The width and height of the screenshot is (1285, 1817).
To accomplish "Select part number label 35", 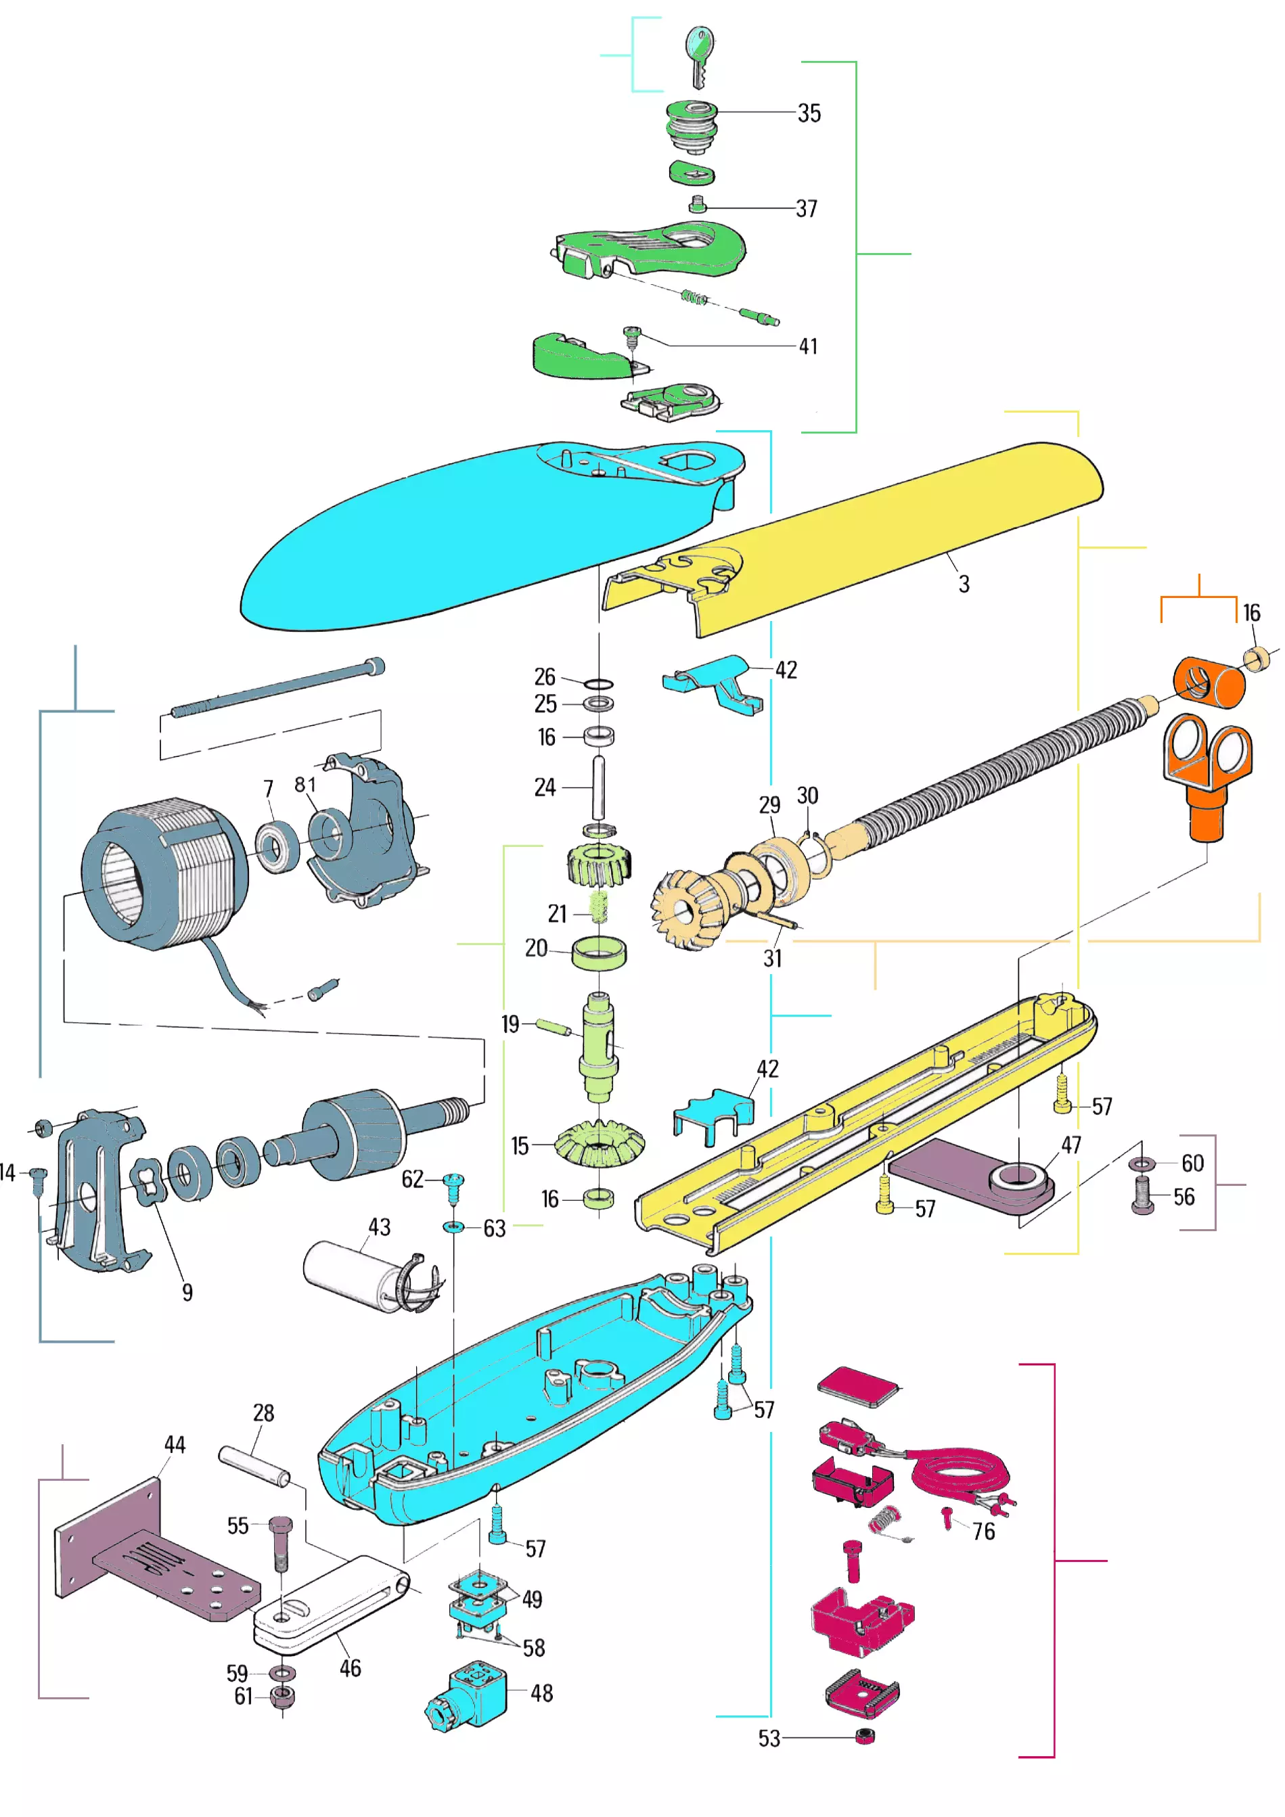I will click(809, 113).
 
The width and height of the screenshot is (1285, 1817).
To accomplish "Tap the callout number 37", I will click(806, 209).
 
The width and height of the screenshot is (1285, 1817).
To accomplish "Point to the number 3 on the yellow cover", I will click(964, 584).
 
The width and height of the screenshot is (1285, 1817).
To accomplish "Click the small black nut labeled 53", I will click(865, 1738).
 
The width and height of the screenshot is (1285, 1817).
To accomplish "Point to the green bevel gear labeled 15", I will click(600, 1143).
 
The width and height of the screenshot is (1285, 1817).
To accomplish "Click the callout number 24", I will click(545, 787).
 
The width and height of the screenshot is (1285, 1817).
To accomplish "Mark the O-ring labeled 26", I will click(599, 684).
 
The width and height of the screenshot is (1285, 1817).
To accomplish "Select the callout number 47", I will click(1070, 1145).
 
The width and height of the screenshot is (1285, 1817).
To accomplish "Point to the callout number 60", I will click(1192, 1164).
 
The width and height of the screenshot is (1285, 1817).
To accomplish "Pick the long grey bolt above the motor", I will click(277, 689).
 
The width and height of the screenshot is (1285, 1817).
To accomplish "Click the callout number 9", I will click(187, 1291).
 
